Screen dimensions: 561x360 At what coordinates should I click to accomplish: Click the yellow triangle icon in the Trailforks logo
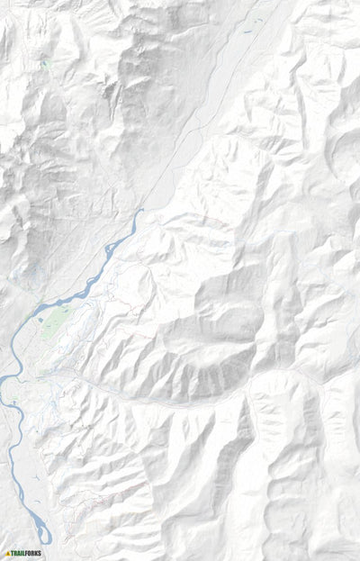tap(7, 553)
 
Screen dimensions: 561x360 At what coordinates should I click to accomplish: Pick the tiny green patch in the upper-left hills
tap(43, 63)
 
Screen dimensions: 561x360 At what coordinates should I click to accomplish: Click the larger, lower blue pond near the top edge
tap(245, 32)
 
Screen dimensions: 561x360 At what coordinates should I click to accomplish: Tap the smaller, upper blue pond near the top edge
tap(255, 19)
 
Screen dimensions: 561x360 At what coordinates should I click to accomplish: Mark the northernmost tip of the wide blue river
tap(141, 211)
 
